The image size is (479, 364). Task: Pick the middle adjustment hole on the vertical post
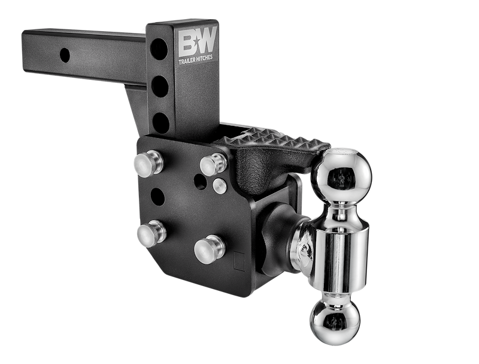coord(160,86)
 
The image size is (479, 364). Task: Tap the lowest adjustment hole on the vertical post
coord(160,122)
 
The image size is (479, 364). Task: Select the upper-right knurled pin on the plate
coord(213,164)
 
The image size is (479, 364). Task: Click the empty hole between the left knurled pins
coord(157,197)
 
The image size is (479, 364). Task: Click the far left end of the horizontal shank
coord(25,48)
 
